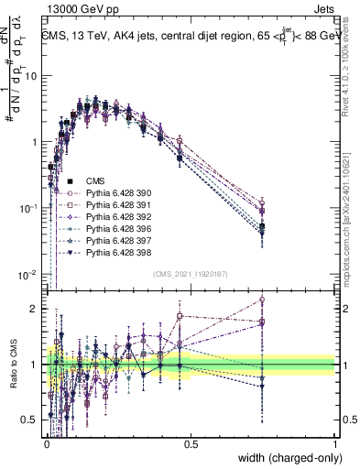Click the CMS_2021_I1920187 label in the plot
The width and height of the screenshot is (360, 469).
pos(190,274)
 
